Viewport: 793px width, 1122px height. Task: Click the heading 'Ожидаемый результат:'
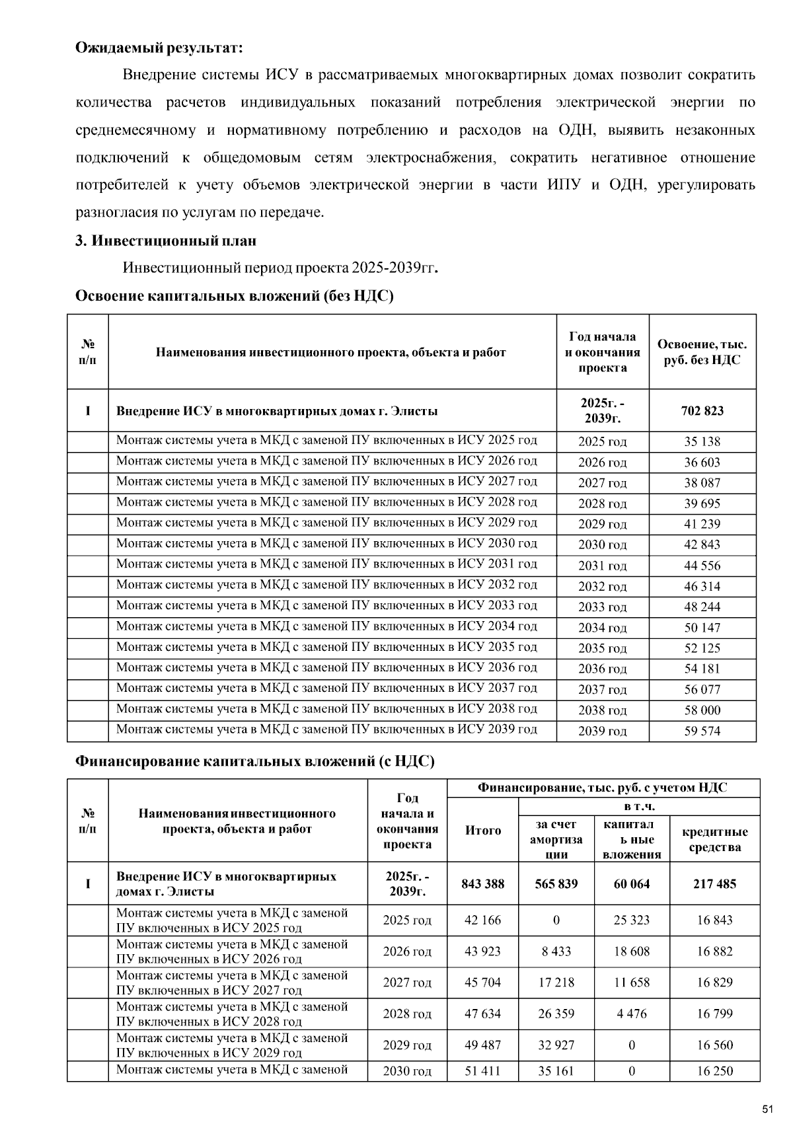click(159, 48)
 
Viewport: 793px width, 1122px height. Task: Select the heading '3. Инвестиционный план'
click(165, 241)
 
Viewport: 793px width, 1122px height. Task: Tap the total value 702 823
click(702, 410)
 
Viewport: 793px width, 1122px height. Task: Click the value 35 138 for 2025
click(702, 441)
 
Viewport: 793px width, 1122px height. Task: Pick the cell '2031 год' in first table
click(602, 566)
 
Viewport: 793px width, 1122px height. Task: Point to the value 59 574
click(702, 731)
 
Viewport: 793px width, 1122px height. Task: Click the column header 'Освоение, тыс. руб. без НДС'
click(702, 352)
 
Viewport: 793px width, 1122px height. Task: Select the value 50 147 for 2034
click(702, 628)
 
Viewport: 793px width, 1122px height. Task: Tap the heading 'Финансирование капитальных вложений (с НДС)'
click(255, 761)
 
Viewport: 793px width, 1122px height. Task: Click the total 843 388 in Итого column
click(483, 883)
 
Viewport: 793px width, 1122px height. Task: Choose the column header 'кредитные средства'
click(714, 839)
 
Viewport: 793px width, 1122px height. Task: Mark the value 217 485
click(714, 883)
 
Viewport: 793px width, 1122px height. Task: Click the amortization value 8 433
click(556, 952)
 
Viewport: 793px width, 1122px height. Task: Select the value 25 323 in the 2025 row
click(632, 920)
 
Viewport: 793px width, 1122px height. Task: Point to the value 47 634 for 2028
click(483, 1014)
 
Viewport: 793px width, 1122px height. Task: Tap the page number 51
click(767, 1109)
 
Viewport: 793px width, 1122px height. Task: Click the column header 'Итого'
click(483, 831)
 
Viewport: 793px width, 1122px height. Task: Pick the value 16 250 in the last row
click(714, 1071)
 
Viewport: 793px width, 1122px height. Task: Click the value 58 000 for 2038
click(702, 710)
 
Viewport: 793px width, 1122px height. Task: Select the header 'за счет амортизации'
click(556, 839)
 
